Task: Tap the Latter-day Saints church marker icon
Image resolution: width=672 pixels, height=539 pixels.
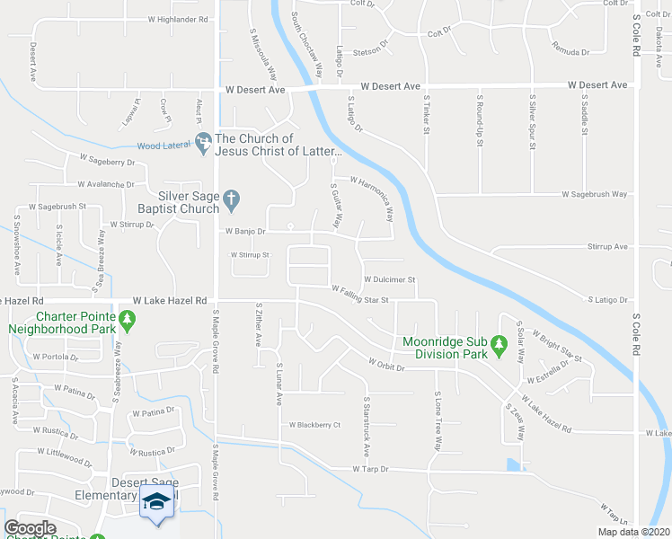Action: (x=204, y=140)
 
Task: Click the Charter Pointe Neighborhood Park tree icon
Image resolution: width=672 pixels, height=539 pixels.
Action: (x=128, y=318)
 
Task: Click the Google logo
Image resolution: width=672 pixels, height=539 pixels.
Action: (x=31, y=528)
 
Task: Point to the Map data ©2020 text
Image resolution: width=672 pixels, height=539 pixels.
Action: (x=632, y=532)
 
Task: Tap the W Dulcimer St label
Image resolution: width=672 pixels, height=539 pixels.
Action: (x=389, y=279)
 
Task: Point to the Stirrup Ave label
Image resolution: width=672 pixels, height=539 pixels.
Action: (x=606, y=246)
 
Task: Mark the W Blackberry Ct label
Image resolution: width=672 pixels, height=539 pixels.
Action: (x=314, y=425)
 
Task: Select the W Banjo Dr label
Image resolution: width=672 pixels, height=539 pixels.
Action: (x=245, y=231)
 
